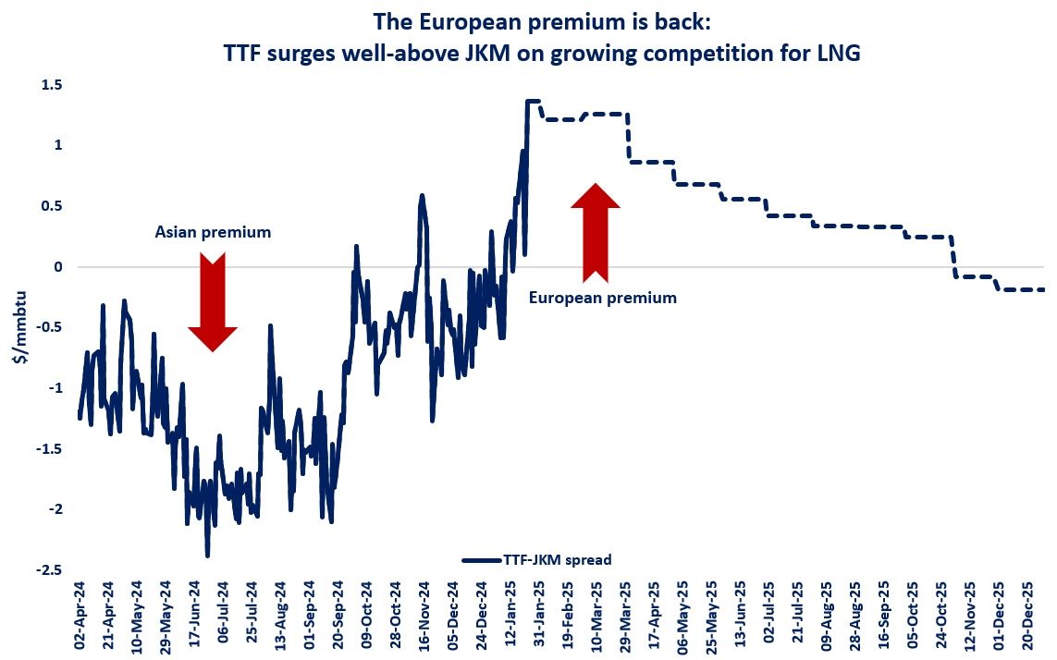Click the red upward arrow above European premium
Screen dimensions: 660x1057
pos(596,231)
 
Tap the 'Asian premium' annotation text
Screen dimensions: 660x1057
pos(213,232)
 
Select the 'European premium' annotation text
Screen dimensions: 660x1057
pos(603,298)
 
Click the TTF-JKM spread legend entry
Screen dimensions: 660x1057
pos(536,559)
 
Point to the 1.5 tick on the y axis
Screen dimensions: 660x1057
pos(51,85)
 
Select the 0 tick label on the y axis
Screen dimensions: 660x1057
pos(57,267)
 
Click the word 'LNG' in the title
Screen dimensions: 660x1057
pos(838,54)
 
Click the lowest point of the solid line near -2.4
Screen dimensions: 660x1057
pos(207,556)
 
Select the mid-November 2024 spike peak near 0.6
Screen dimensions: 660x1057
pos(422,195)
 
